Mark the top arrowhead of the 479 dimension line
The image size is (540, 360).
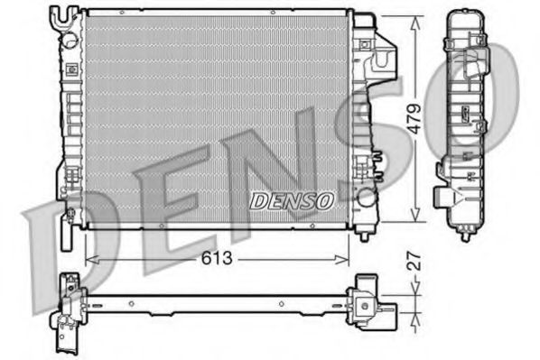pos(414,22)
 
